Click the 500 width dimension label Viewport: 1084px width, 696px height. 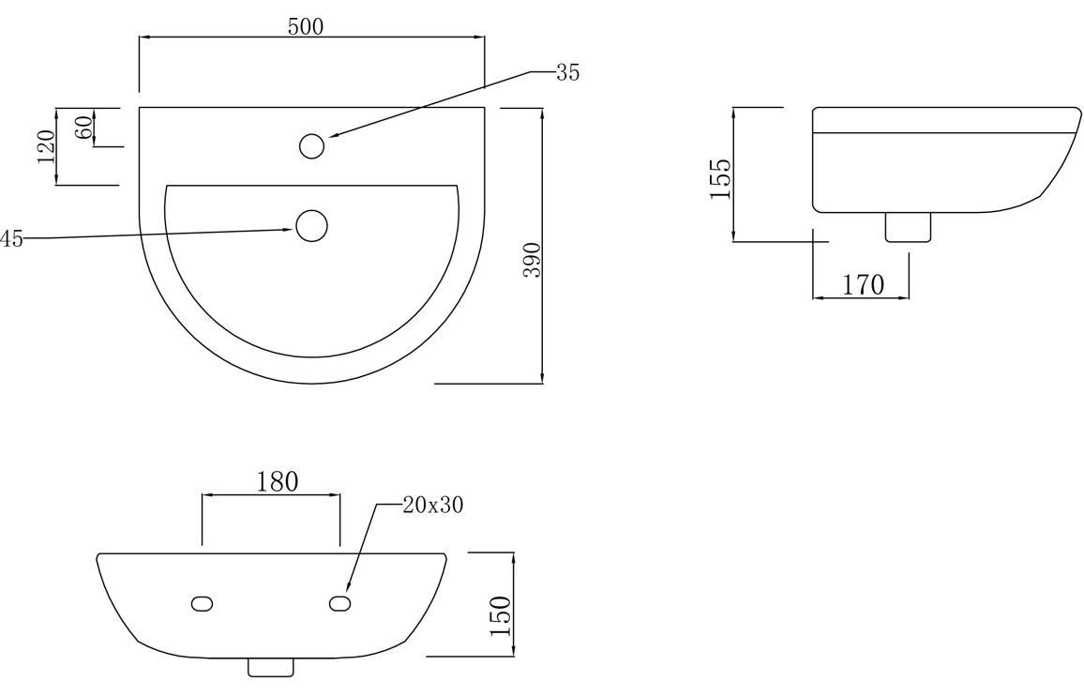[306, 26]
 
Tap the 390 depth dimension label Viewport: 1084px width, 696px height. [533, 260]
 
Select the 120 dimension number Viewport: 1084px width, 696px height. [47, 146]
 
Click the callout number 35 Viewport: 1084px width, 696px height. [567, 72]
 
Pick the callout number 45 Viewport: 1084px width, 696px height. [12, 239]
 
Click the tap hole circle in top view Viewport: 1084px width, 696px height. [311, 146]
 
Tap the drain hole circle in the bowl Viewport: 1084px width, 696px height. [311, 226]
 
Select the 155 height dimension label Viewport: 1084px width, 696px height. [720, 179]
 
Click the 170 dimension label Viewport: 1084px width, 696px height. [863, 284]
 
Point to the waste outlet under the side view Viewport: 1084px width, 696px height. [909, 227]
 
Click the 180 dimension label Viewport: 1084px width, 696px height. [278, 481]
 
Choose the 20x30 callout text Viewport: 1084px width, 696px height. [433, 506]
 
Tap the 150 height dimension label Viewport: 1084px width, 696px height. [500, 616]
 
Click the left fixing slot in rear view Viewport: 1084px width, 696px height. [202, 604]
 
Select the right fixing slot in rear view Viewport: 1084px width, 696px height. [340, 604]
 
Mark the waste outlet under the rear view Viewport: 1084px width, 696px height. [271, 667]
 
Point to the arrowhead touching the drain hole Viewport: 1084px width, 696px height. [289, 230]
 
